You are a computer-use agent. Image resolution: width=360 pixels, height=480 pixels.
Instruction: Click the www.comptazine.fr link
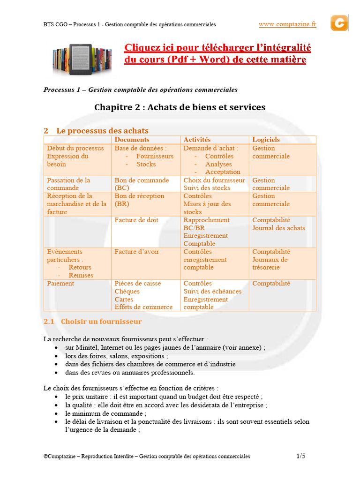pyautogui.click(x=287, y=24)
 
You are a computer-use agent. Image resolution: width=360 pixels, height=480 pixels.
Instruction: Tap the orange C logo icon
pyautogui.click(x=339, y=23)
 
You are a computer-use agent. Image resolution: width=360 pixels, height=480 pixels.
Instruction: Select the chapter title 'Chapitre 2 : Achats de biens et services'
pyautogui.click(x=180, y=107)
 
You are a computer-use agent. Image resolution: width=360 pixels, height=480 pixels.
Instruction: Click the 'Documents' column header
pyautogui.click(x=132, y=140)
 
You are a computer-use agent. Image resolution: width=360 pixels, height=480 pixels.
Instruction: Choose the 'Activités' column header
pyautogui.click(x=197, y=140)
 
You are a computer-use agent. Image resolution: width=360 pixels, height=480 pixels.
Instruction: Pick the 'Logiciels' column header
pyautogui.click(x=266, y=140)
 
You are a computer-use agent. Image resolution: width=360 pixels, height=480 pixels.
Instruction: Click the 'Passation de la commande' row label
pyautogui.click(x=68, y=184)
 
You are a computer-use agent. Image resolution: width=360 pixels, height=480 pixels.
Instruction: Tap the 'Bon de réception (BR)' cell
pyautogui.click(x=139, y=200)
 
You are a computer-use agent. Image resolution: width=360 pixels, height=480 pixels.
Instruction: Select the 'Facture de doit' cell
pyautogui.click(x=136, y=220)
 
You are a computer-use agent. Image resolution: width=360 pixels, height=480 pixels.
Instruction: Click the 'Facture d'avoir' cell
pyautogui.click(x=137, y=252)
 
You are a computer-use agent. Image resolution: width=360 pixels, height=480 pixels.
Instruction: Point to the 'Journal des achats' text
pyautogui.click(x=278, y=228)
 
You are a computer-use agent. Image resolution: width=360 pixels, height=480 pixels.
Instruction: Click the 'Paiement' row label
pyautogui.click(x=60, y=284)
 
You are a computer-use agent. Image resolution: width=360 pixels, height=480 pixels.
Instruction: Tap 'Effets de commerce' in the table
pyautogui.click(x=143, y=307)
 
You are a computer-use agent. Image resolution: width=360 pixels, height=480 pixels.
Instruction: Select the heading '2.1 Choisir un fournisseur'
pyautogui.click(x=92, y=322)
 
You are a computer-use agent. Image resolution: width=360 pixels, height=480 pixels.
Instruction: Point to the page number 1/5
pyautogui.click(x=301, y=456)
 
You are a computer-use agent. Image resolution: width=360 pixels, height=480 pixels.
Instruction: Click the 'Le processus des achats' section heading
pyautogui.click(x=102, y=131)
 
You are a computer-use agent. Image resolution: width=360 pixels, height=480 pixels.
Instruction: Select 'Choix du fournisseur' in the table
pyautogui.click(x=214, y=180)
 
